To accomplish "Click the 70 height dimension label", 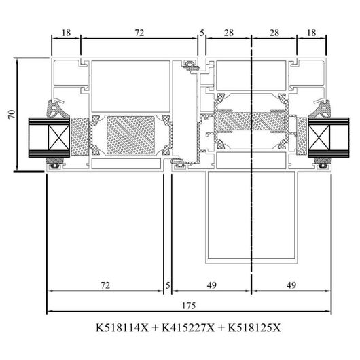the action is click(12, 114).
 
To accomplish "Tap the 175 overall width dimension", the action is click(189, 306).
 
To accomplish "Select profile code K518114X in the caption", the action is click(122, 327).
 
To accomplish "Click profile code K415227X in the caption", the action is click(188, 327).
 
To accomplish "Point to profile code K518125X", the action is click(255, 327).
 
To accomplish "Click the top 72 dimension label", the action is click(139, 33).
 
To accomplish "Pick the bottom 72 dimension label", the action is click(105, 285).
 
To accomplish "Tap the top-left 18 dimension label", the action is click(66, 33).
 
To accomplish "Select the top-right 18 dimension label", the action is click(311, 33).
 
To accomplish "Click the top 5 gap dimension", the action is click(202, 33).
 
